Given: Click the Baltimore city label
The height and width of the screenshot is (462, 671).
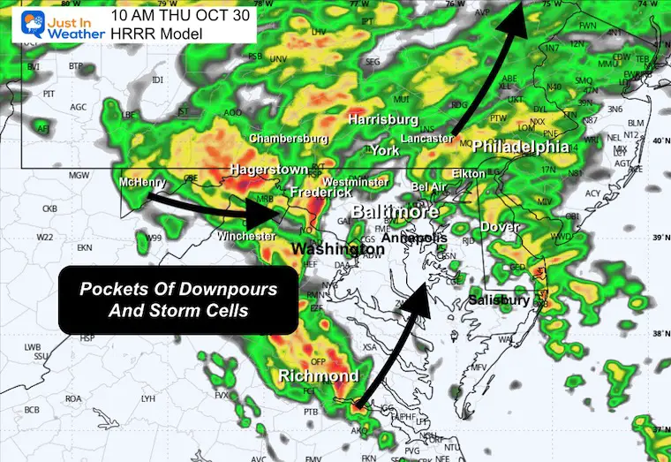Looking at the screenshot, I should [x=395, y=212].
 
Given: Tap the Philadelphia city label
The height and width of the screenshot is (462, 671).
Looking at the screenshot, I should [x=521, y=146].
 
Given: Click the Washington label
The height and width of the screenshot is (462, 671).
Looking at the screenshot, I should [x=338, y=249].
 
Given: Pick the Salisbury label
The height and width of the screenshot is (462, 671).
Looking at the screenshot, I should [x=499, y=300].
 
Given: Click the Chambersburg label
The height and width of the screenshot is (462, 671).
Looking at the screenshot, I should [x=289, y=139].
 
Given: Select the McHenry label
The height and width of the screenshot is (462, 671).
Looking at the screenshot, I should [x=145, y=182].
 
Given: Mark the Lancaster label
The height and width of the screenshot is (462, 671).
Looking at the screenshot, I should [x=428, y=139].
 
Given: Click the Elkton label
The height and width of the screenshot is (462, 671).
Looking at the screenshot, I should [x=467, y=174].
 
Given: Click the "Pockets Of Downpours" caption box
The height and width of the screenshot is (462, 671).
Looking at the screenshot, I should [x=177, y=299].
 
